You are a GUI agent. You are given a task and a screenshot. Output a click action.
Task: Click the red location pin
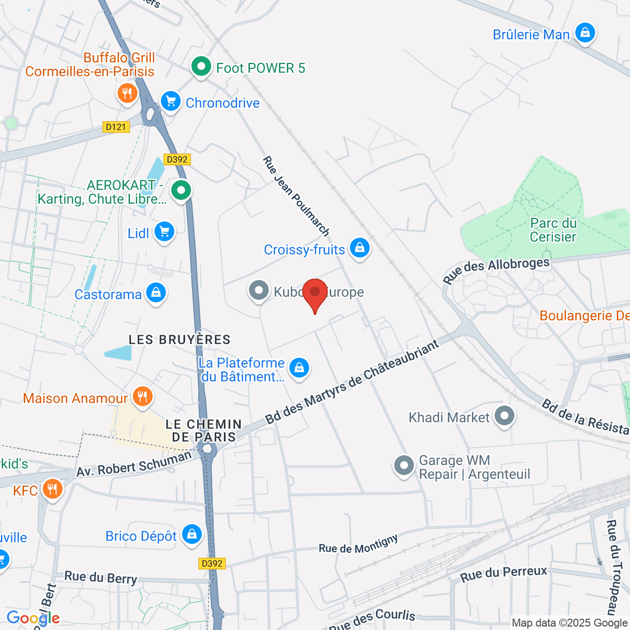(x=315, y=293)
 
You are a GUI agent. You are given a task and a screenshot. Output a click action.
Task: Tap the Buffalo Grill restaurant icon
(x=127, y=94)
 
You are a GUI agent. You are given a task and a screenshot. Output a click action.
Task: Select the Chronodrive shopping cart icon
(x=171, y=101)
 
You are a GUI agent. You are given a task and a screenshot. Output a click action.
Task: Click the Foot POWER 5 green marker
(x=201, y=67)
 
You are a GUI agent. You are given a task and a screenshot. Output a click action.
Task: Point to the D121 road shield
(x=115, y=127)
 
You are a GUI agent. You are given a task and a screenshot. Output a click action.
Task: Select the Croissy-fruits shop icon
(x=360, y=247)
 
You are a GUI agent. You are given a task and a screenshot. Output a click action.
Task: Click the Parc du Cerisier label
(x=553, y=230)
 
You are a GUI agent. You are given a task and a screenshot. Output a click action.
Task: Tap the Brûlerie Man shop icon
(x=585, y=33)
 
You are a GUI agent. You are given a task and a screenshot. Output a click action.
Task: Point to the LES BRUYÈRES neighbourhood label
(x=180, y=340)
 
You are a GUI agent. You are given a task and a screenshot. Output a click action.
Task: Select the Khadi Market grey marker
(x=505, y=416)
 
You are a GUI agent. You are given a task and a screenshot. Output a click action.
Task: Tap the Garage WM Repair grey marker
(x=404, y=465)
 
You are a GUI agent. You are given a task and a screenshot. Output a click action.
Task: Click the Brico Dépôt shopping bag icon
(x=192, y=534)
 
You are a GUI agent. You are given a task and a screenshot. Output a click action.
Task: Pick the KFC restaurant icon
(x=52, y=489)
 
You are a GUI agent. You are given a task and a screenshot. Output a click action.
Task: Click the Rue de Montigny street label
(x=358, y=544)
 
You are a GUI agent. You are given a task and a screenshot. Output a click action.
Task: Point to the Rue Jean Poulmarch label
(x=296, y=196)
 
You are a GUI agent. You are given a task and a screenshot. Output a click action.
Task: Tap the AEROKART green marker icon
(x=182, y=190)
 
